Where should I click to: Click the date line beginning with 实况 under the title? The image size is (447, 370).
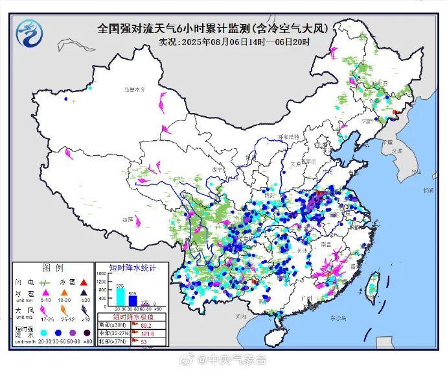point(234,42)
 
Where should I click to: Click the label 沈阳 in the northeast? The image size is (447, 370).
point(368,121)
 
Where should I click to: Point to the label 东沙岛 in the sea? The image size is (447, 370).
point(337,317)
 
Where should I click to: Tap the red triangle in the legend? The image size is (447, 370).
point(84,282)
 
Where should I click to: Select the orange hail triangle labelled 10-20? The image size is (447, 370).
point(67,294)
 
